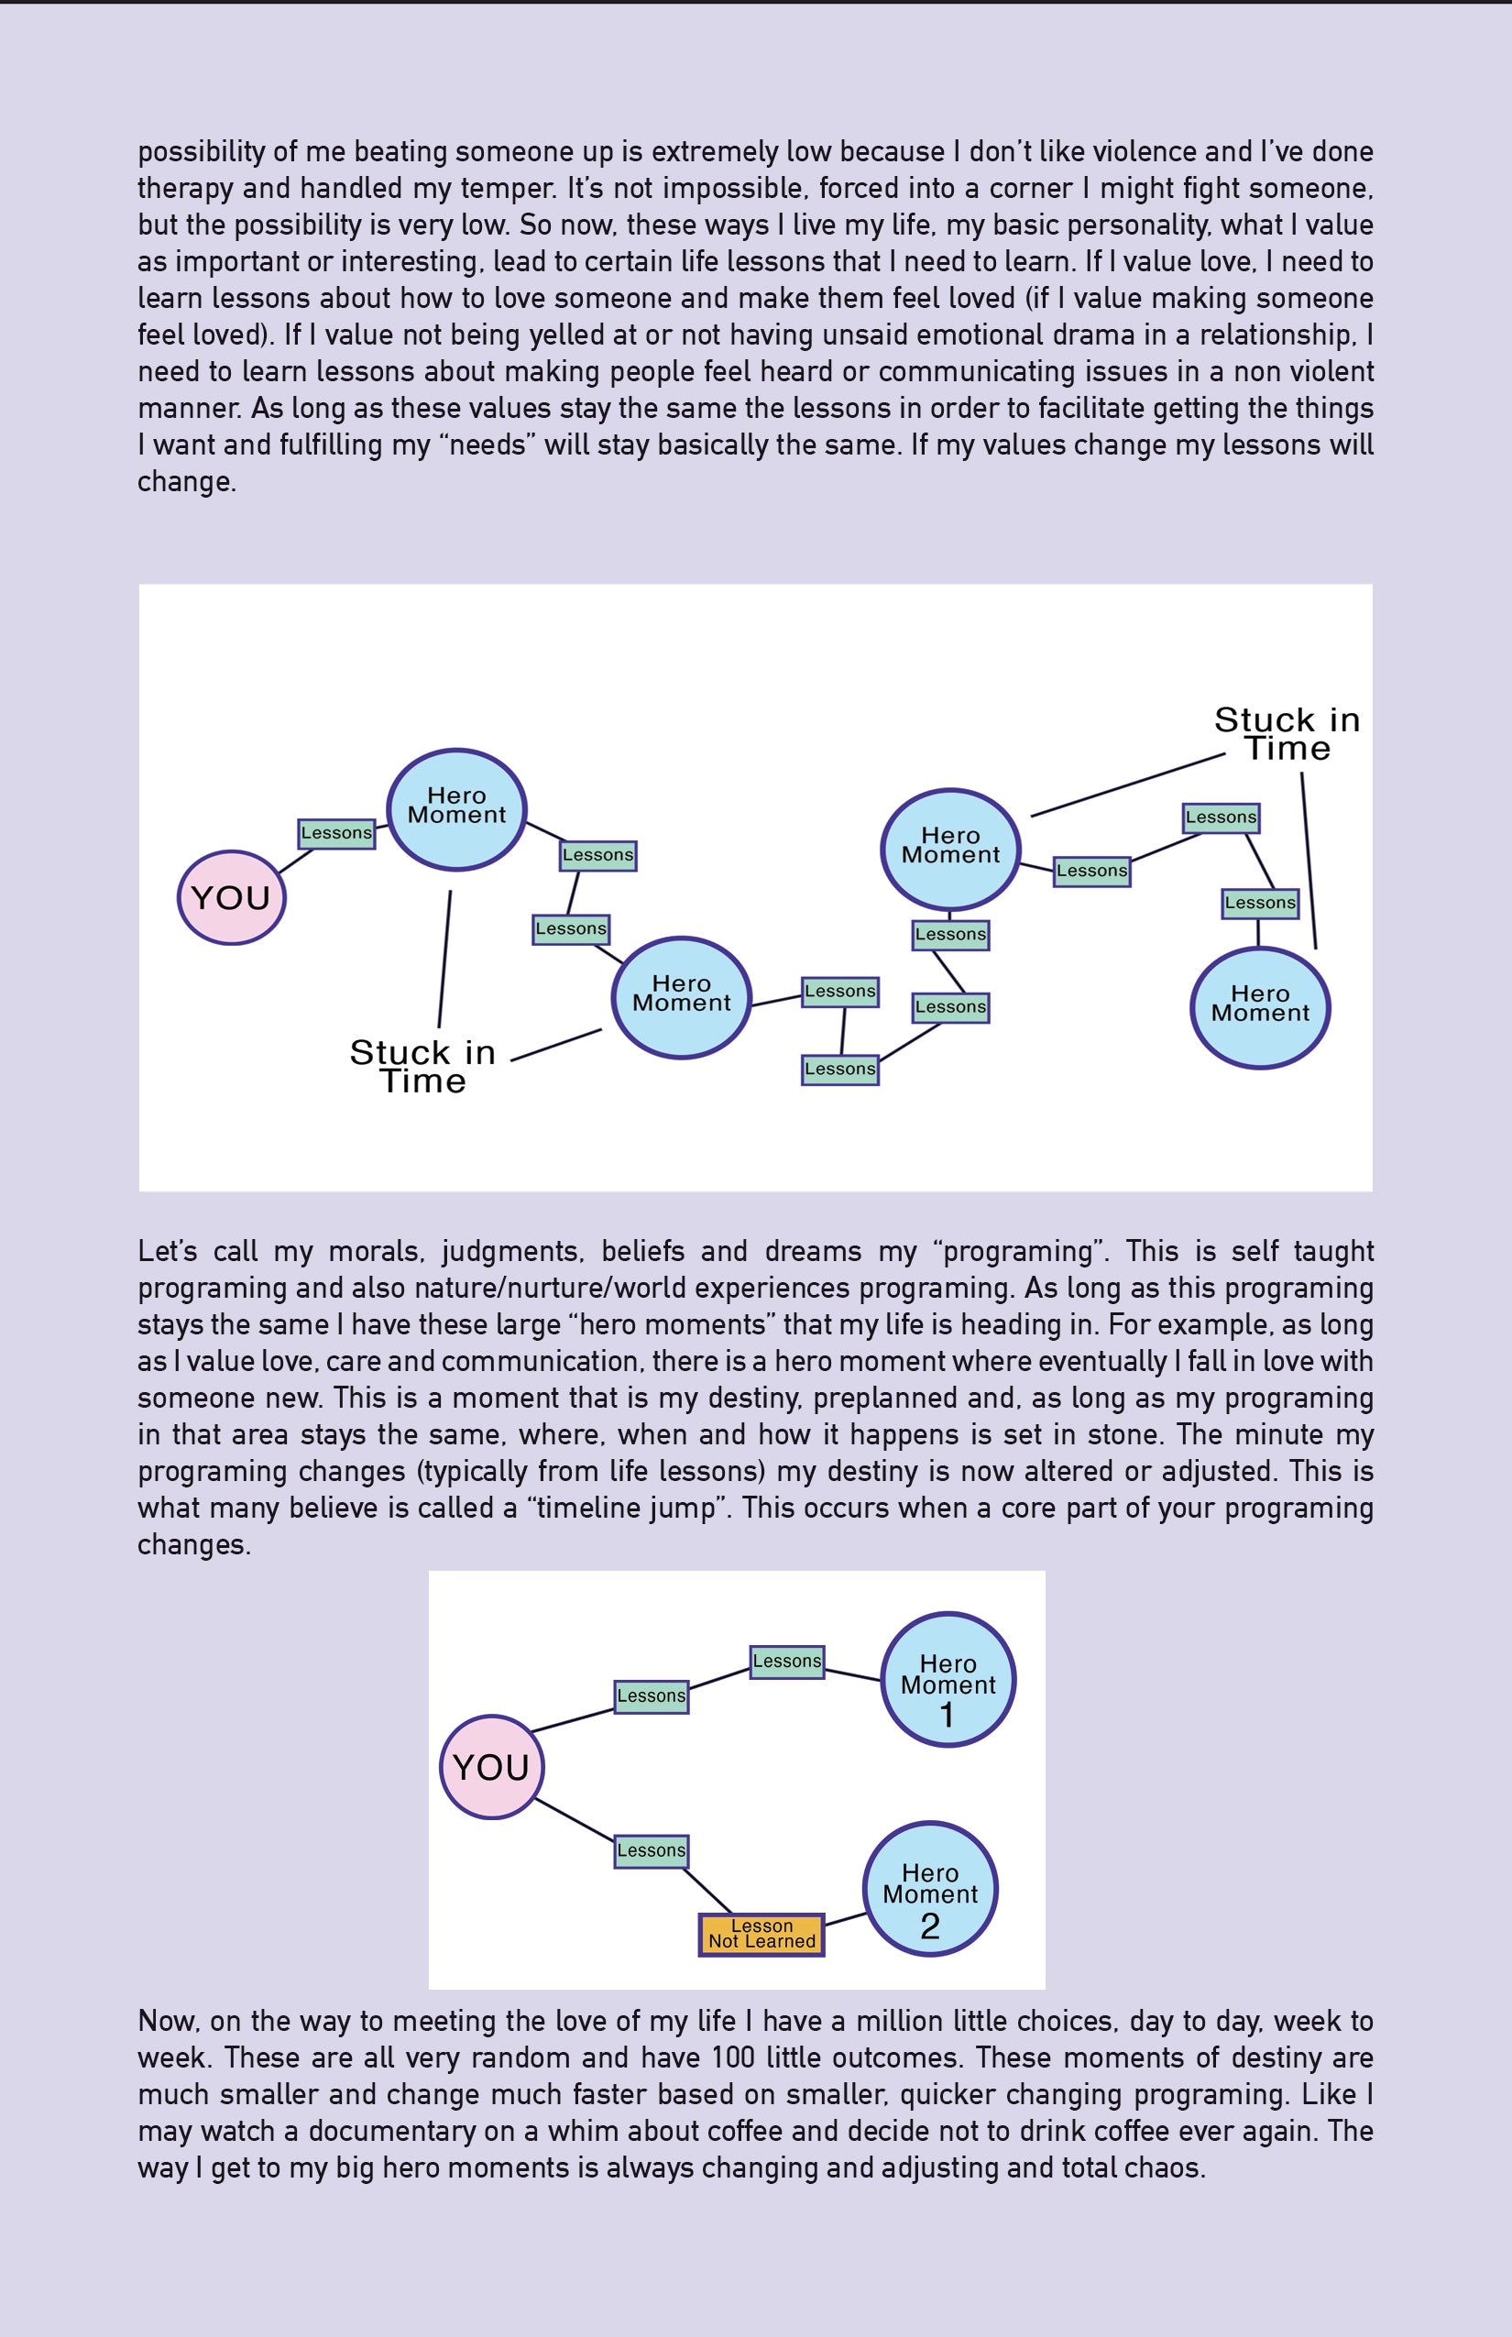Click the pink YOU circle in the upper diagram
pyautogui.click(x=232, y=897)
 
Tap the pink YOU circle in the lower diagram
pyautogui.click(x=491, y=1767)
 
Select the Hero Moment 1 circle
pyautogui.click(x=948, y=1679)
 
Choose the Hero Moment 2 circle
pyautogui.click(x=930, y=1890)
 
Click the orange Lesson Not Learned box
pyautogui.click(x=761, y=1935)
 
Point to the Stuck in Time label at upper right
pyautogui.click(x=1287, y=733)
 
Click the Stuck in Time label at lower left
pyautogui.click(x=423, y=1067)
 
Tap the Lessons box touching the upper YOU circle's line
pyautogui.click(x=337, y=833)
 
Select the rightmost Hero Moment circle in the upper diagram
pyautogui.click(x=1260, y=1007)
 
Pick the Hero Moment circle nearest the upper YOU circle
pyautogui.click(x=456, y=809)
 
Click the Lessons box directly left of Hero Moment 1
pyautogui.click(x=786, y=1662)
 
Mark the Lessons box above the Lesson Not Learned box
pyautogui.click(x=652, y=1850)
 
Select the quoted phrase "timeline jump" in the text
pyautogui.click(x=630, y=1509)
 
